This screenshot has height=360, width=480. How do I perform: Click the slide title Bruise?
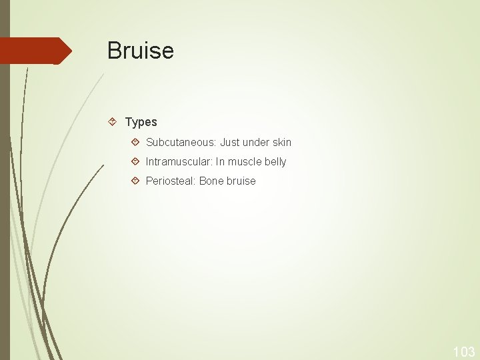(140, 51)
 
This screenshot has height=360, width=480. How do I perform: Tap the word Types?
(141, 122)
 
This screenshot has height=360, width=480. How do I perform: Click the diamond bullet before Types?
(113, 121)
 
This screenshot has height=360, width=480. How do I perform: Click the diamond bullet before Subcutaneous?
(135, 141)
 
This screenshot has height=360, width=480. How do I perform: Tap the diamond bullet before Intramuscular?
(135, 161)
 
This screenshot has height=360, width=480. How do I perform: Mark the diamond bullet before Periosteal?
(135, 180)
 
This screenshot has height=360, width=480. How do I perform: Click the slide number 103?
(463, 351)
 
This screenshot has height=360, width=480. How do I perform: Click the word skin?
(281, 142)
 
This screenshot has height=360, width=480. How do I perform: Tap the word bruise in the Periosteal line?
(241, 181)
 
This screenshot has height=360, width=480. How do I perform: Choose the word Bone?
(211, 181)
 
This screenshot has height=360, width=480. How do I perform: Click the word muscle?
(244, 161)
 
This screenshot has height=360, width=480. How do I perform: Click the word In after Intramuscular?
(220, 161)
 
